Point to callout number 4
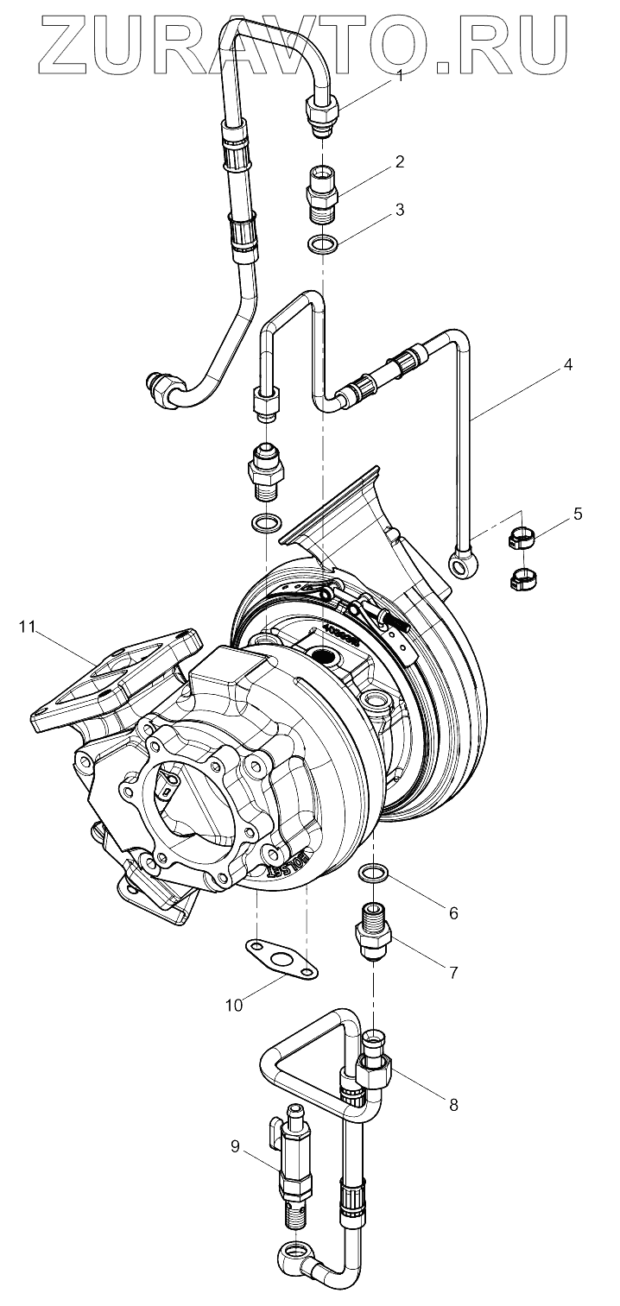(x=567, y=365)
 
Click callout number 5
(x=578, y=514)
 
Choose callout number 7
(x=452, y=972)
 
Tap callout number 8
(x=452, y=1104)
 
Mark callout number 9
(x=235, y=1146)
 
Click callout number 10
(x=234, y=1004)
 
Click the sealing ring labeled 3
(x=322, y=245)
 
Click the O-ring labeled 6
(x=373, y=873)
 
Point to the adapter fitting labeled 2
(x=322, y=186)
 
